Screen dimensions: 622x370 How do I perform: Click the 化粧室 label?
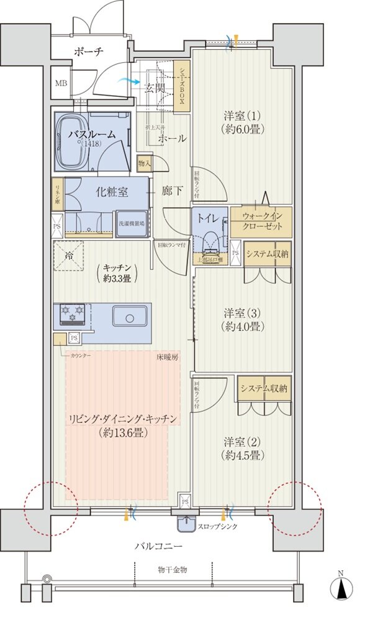[112, 192]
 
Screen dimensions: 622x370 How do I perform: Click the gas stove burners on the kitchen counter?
[73, 314]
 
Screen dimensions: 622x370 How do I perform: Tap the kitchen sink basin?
[129, 318]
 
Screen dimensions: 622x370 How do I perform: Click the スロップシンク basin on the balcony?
[185, 524]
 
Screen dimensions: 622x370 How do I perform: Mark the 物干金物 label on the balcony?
[172, 569]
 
